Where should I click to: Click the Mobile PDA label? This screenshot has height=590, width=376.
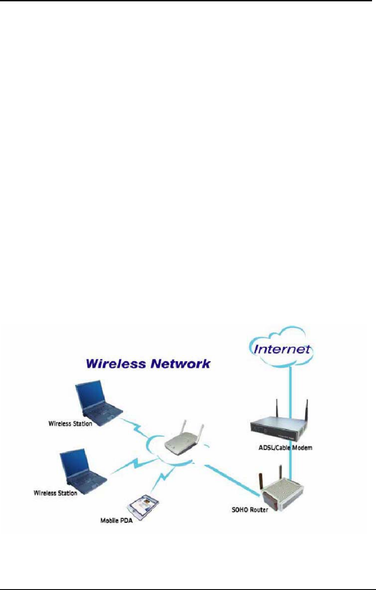click(x=116, y=522)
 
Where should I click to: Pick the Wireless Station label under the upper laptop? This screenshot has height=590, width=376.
click(x=70, y=424)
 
